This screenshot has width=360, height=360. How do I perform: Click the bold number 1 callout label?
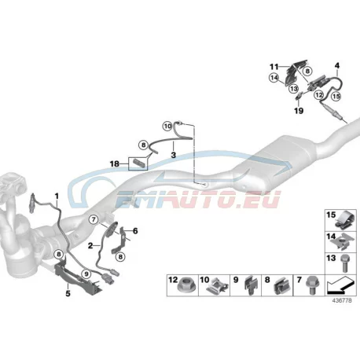(x=57, y=196)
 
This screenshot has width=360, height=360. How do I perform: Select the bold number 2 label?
(x=90, y=246)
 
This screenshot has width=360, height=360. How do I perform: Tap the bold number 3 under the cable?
(x=174, y=155)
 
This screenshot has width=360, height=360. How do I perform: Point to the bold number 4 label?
(x=337, y=65)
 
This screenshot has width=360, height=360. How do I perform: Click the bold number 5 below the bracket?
(x=68, y=293)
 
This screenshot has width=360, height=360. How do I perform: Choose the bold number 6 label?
(x=135, y=231)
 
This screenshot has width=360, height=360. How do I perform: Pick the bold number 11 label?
(x=274, y=67)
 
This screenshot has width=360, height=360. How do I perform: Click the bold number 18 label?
(x=115, y=164)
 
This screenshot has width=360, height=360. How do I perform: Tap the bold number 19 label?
(x=299, y=111)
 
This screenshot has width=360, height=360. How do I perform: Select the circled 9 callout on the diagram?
(x=86, y=274)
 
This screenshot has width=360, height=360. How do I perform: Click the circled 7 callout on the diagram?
(x=94, y=219)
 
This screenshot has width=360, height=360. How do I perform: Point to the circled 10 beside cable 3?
(x=167, y=127)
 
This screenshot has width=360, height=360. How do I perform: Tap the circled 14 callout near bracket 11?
(x=274, y=78)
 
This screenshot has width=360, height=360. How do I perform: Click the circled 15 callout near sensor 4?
(x=336, y=96)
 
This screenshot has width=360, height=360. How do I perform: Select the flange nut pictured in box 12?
(x=186, y=285)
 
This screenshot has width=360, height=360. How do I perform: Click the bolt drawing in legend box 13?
(x=345, y=263)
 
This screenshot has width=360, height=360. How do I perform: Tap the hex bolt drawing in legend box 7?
(x=311, y=285)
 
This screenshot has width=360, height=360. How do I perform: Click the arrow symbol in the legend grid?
(x=340, y=285)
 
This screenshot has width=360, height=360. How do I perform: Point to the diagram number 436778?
(x=342, y=300)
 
